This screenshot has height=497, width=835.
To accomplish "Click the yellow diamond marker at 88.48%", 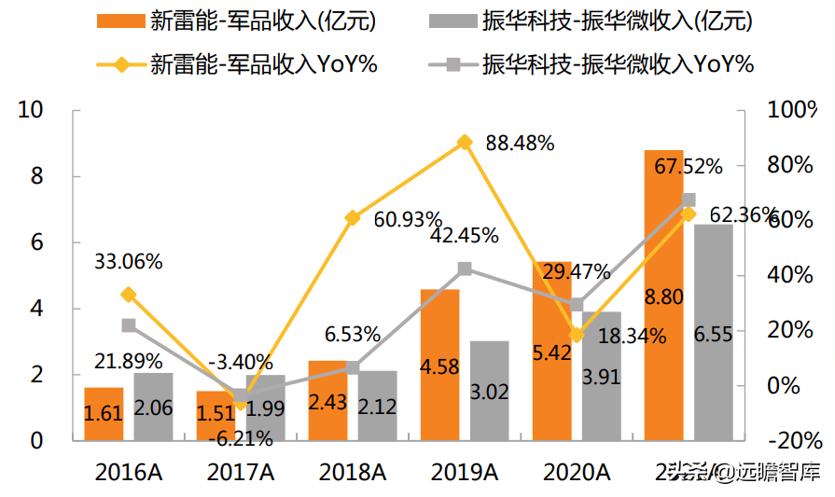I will tap(464, 143).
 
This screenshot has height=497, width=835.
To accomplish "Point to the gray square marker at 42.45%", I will tap(464, 269).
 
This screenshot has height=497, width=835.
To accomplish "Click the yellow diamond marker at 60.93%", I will tap(352, 218).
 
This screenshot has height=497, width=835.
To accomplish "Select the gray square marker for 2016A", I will tap(128, 325).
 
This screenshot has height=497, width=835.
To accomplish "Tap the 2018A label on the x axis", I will tap(352, 473).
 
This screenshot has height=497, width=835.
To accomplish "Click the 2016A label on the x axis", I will tap(128, 473).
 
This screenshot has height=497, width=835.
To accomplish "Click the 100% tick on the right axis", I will tap(791, 110).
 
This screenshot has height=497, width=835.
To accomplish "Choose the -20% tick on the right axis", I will tap(791, 441).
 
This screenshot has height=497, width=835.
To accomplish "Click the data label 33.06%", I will tap(128, 262).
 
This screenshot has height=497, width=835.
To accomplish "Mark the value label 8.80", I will tap(663, 297).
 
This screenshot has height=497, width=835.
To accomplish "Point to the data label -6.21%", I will tap(240, 437).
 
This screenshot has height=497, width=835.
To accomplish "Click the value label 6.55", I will tap(714, 334).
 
